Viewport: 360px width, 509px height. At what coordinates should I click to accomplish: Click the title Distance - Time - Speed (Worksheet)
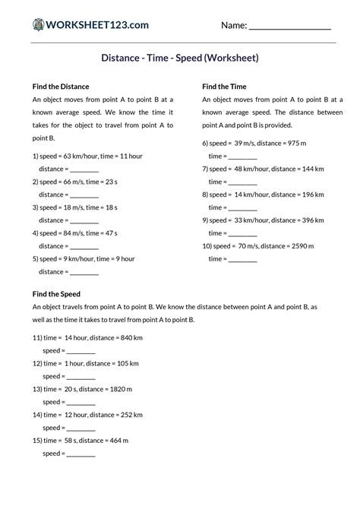pos(180,58)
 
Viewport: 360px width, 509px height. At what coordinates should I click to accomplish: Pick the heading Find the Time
pos(224,87)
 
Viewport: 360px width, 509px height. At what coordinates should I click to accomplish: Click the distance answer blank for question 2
pos(84,195)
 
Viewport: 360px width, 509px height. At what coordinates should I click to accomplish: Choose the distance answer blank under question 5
pos(84,272)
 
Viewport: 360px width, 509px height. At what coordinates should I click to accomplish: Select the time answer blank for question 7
pos(243,182)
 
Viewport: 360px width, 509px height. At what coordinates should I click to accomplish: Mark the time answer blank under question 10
pos(243,259)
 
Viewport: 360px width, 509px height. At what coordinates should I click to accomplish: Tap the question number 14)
pos(38,415)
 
